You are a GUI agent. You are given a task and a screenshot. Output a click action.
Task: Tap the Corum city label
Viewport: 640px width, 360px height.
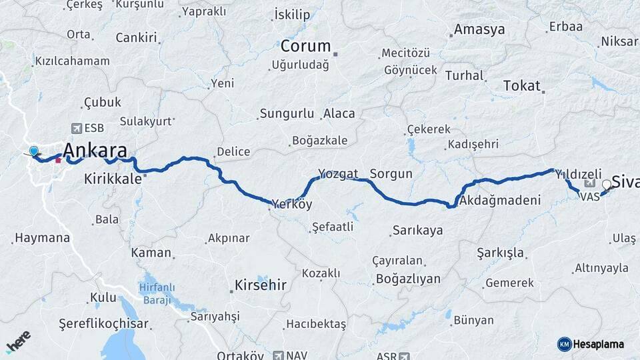305,46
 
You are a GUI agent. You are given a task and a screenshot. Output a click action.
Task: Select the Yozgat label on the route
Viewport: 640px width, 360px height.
339,174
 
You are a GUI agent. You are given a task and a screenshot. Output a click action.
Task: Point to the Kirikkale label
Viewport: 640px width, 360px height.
113,179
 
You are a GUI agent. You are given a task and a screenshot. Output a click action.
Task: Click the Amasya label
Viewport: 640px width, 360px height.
479,30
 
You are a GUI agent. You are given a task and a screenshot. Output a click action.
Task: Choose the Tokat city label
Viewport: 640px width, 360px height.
521,85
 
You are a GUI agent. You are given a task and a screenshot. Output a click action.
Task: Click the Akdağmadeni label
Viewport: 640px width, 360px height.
499,200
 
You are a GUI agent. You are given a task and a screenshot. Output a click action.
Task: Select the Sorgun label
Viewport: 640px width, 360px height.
391,174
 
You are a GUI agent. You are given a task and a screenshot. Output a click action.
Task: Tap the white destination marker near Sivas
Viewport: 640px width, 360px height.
607,185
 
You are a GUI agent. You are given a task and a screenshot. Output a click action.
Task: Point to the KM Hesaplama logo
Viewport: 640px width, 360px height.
591,344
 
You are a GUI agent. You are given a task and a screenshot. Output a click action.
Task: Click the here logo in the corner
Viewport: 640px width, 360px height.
18,341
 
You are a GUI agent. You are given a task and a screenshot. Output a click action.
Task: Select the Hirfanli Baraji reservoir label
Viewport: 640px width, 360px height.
157,291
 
